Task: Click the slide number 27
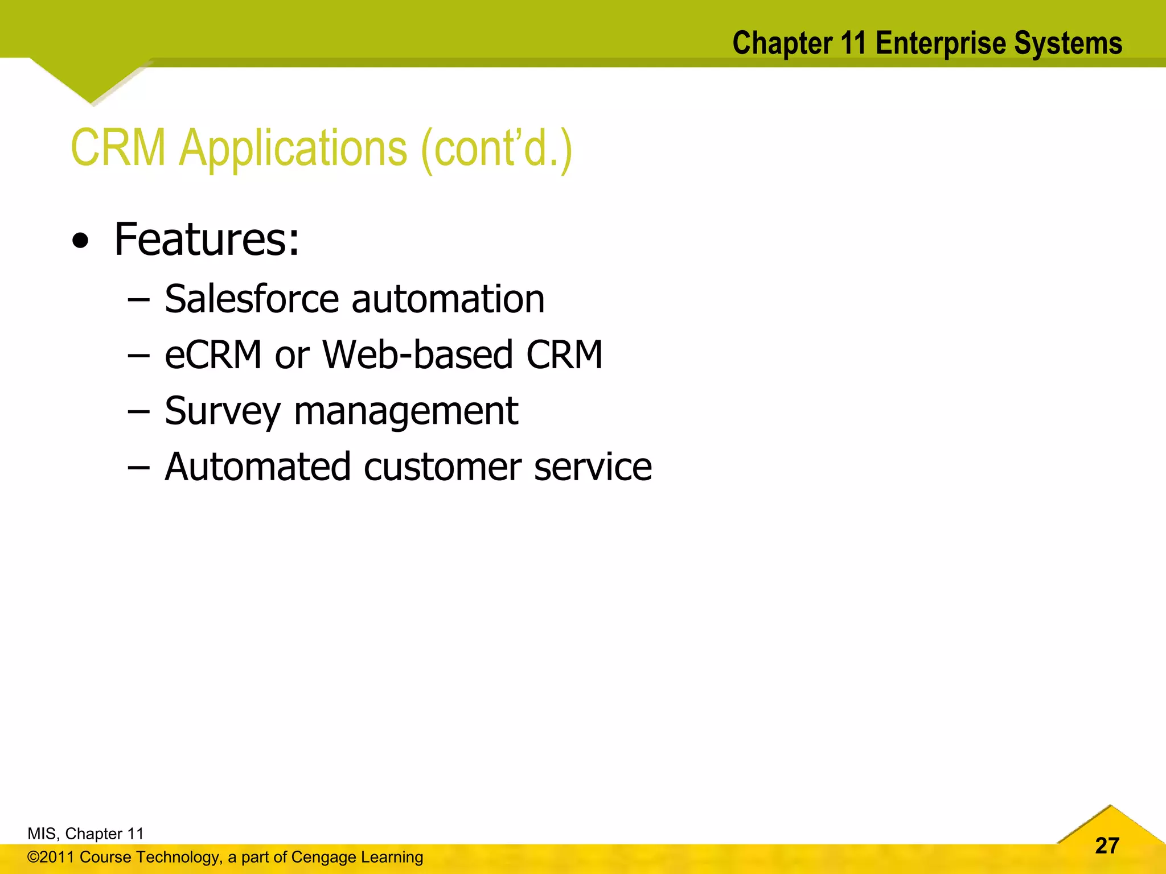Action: [1107, 846]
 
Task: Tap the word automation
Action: [448, 300]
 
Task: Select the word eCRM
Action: [213, 354]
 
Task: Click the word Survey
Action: [222, 411]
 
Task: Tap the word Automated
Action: [257, 467]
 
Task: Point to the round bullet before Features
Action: [81, 242]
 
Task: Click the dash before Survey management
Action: [138, 411]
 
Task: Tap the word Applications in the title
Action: [293, 149]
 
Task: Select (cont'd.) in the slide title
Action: [496, 149]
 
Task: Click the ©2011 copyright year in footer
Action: [51, 857]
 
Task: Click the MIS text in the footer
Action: [42, 834]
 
